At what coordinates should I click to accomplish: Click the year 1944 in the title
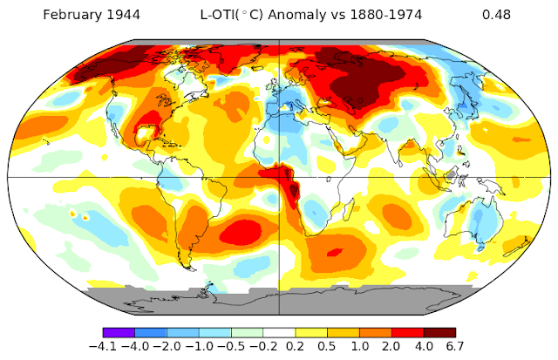point(126,15)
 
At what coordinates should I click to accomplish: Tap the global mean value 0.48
point(496,15)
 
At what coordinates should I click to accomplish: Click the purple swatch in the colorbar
point(119,333)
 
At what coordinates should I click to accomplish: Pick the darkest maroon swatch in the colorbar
point(439,333)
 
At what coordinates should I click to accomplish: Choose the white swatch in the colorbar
point(279,333)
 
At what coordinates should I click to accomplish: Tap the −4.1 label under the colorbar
point(103,346)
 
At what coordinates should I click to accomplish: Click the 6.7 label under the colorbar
point(455,346)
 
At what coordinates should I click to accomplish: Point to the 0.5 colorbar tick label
point(327,346)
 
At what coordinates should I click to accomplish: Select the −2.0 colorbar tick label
point(167,346)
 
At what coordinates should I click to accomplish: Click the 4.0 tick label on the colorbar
point(424,346)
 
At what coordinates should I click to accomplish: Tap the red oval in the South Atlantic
point(241,233)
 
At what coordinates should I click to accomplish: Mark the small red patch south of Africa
point(335,252)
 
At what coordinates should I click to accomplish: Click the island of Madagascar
point(349,207)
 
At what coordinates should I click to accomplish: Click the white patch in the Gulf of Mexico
point(146,134)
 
